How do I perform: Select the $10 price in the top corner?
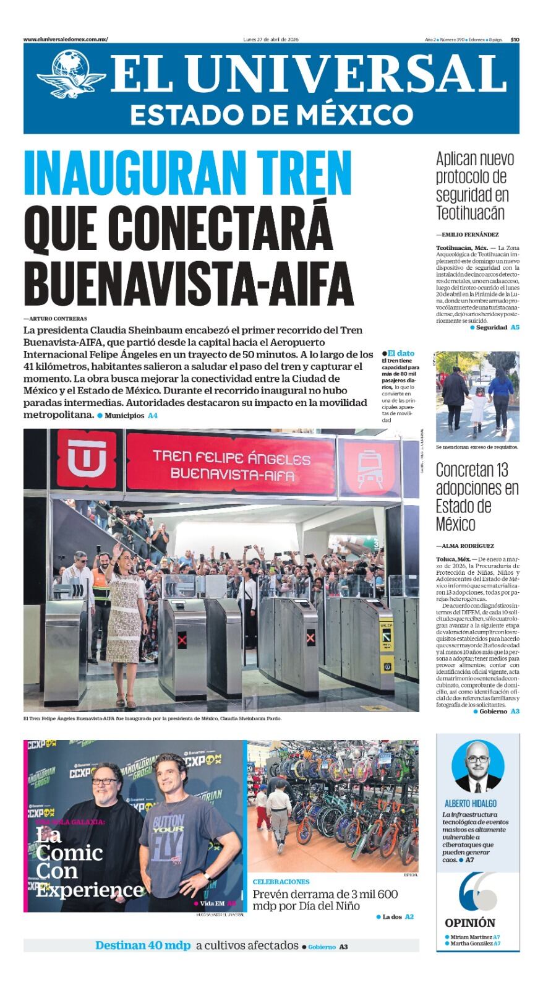tap(515, 40)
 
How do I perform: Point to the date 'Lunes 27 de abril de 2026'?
tap(271, 40)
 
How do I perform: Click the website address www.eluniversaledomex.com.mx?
tap(66, 40)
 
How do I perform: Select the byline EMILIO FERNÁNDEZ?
tap(469, 235)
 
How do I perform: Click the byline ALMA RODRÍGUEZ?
tap(467, 546)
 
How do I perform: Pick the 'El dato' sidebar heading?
tap(400, 353)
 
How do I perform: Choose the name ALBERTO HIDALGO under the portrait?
tap(471, 803)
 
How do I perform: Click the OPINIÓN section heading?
tap(470, 923)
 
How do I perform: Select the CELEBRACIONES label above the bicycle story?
tap(281, 882)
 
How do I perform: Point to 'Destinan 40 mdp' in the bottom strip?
tap(143, 945)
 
